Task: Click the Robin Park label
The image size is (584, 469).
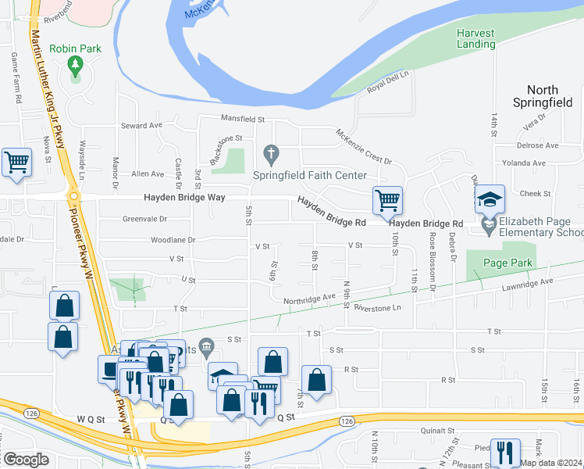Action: pos(75,48)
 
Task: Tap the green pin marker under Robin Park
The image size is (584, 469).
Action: pos(75,64)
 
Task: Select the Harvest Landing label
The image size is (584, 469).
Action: pos(475,38)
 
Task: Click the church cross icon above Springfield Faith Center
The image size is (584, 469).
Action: pos(271,152)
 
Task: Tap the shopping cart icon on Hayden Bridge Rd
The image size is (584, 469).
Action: pos(387,200)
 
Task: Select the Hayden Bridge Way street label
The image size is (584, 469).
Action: pos(183,198)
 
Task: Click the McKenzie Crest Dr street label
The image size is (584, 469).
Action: pos(363,146)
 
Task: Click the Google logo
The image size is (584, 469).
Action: pos(26,459)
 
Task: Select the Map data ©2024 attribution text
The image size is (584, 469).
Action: pos(550,463)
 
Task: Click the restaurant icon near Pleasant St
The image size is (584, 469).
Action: pos(505,453)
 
